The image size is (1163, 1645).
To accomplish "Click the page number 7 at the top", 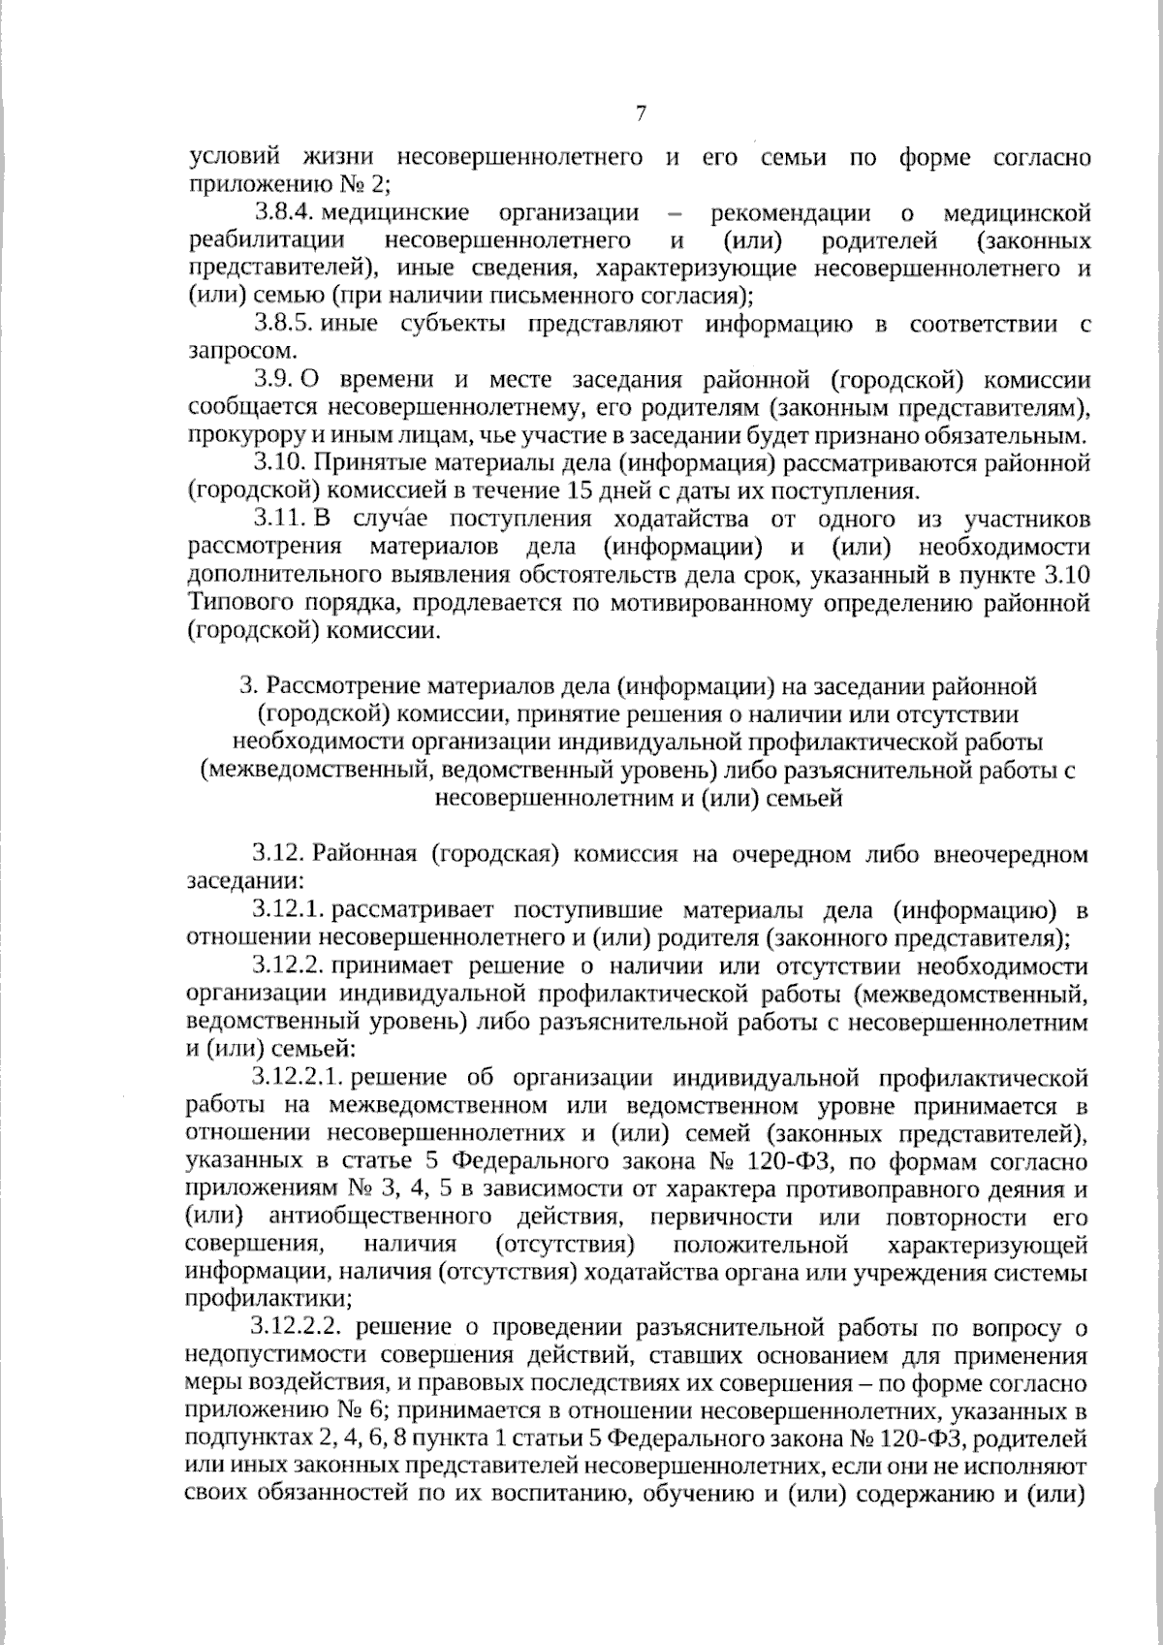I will (x=641, y=113).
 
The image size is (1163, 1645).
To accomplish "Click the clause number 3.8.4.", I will (x=284, y=212).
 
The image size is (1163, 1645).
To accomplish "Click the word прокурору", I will (x=232, y=435).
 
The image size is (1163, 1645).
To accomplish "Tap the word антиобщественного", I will (x=377, y=1217).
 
